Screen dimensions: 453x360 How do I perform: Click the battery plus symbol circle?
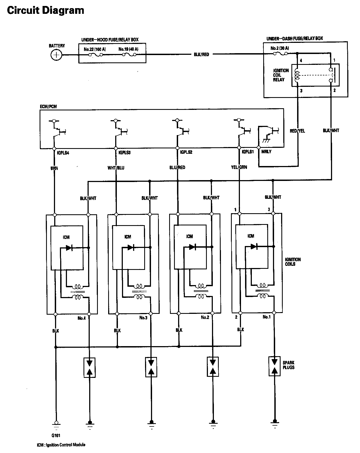point(56,55)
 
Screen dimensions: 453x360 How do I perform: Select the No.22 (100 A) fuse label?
point(94,49)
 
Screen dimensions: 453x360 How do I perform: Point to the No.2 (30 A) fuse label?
point(279,48)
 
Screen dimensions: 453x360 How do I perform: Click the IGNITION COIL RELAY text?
point(281,75)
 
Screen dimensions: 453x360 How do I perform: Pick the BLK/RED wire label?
point(201,55)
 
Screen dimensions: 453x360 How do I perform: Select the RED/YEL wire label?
point(297,131)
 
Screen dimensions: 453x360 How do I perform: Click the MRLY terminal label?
point(266,152)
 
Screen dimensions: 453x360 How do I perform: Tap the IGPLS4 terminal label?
point(63,153)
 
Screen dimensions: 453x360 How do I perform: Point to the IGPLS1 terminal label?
point(247,152)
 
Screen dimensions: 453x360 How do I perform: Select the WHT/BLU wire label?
point(116,168)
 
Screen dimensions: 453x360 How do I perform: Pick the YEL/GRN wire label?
point(239,167)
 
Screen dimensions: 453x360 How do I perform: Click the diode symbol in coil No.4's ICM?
point(69,248)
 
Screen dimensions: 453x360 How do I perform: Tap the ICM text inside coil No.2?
point(189,237)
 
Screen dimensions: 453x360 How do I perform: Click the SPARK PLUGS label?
point(288,365)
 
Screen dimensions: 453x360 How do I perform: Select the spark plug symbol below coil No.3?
point(151,367)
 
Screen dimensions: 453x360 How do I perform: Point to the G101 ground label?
point(56,436)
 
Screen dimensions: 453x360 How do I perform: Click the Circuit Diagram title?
point(46,10)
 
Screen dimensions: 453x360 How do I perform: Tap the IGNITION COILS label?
point(293,261)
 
